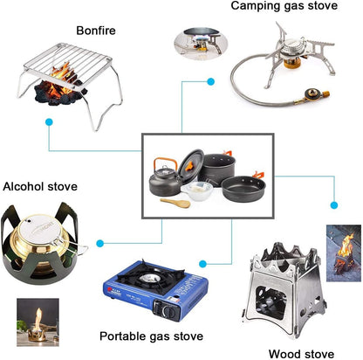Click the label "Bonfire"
[x=95, y=31]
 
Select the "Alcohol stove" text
[x=40, y=186]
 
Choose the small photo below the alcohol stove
[x=38, y=321]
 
